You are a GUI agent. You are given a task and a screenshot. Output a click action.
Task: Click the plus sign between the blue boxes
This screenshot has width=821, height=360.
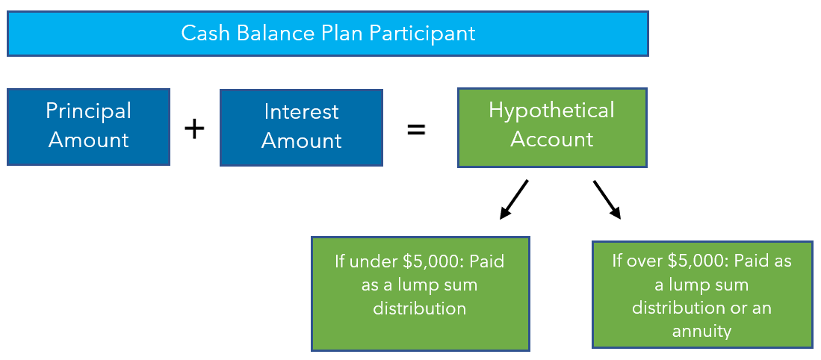point(194,128)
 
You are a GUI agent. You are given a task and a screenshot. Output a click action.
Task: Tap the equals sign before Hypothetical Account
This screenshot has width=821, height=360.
point(416,129)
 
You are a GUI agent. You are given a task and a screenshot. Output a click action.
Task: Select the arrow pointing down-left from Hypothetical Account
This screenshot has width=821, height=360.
point(514,199)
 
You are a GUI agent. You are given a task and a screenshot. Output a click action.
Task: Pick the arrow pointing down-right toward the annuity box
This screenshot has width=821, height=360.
point(607,199)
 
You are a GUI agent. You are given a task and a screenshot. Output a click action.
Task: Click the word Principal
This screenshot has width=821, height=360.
point(88,111)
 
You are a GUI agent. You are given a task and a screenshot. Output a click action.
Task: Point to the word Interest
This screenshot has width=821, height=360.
point(301,111)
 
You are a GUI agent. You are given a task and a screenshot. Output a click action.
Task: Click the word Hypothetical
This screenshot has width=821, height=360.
point(551,111)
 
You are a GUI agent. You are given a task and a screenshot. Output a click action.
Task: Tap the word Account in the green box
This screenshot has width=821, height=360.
point(552,139)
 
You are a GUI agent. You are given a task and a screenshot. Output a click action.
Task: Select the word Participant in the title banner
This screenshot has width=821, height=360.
point(422,33)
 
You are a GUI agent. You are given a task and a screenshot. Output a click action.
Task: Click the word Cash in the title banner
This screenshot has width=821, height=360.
point(206,33)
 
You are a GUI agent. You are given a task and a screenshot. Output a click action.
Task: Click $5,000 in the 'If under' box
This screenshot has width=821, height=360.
point(433,261)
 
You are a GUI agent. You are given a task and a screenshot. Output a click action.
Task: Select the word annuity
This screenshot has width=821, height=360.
point(701,332)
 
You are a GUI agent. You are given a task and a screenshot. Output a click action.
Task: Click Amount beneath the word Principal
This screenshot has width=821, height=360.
point(88,140)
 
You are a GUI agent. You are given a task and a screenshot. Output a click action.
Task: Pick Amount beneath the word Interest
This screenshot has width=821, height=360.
point(301,140)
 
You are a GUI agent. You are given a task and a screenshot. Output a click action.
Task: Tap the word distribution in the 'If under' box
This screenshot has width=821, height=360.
point(419,308)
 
